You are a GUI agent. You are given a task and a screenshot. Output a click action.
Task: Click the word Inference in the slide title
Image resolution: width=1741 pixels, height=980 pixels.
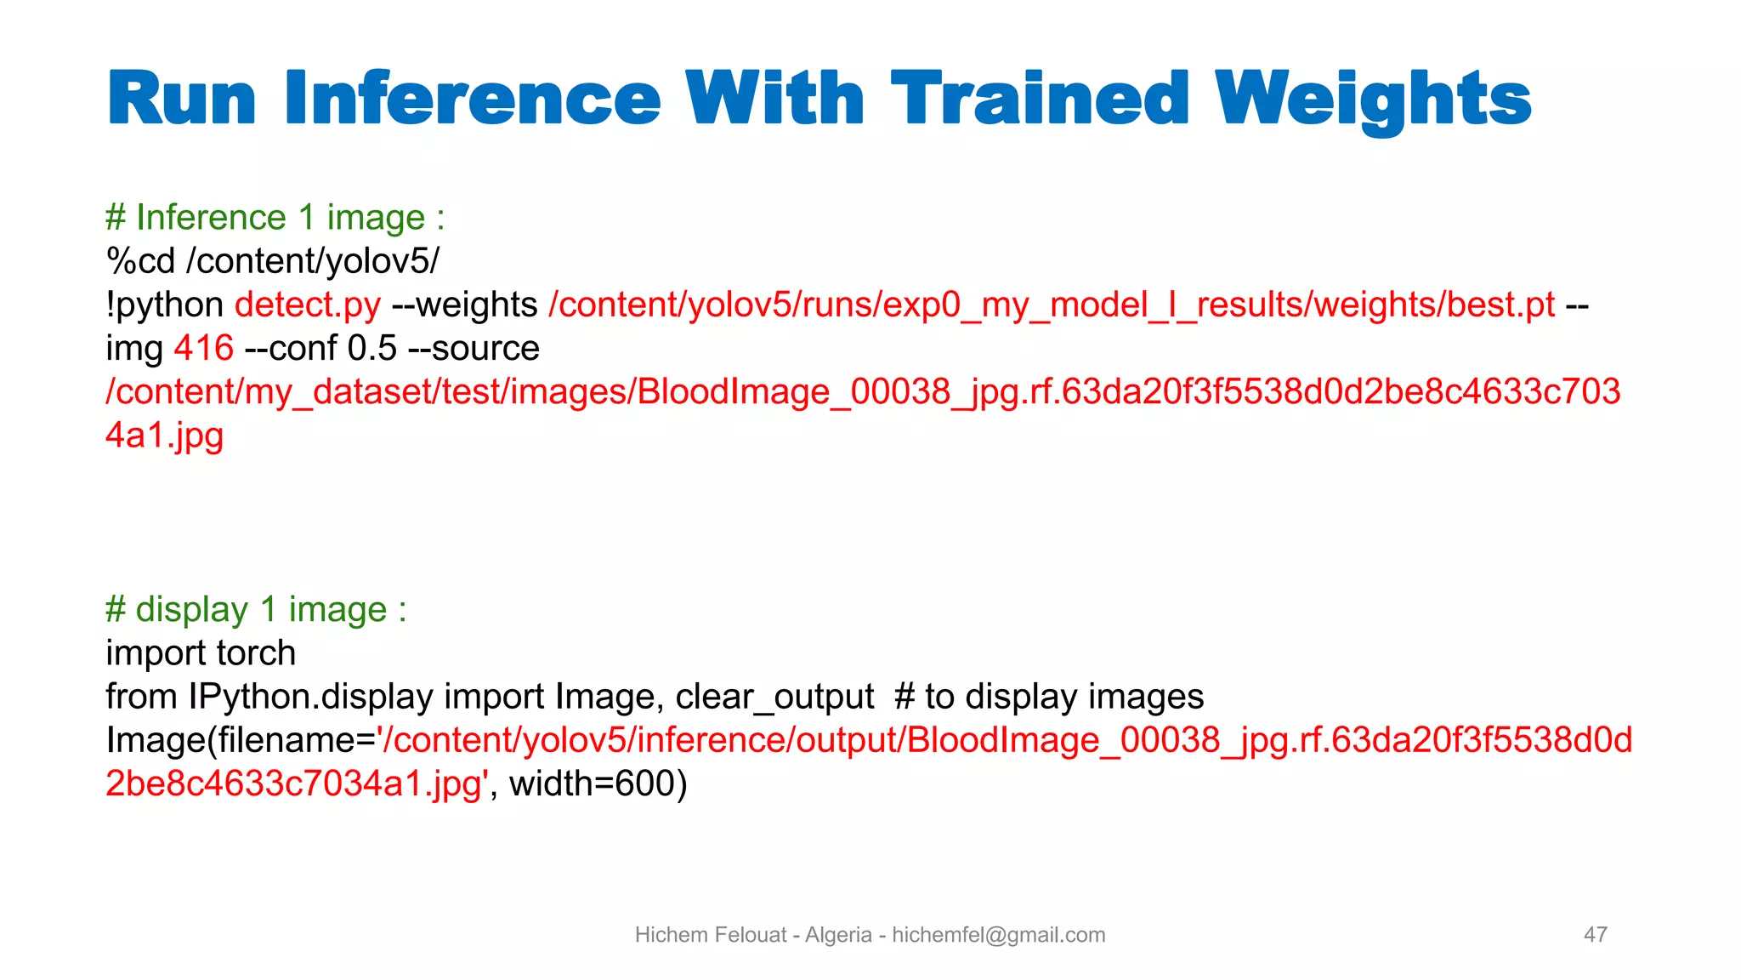coord(473,100)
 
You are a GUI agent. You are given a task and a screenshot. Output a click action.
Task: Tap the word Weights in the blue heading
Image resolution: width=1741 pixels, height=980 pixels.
coord(1372,100)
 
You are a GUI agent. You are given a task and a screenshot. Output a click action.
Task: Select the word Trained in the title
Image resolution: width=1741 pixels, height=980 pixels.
coord(1039,100)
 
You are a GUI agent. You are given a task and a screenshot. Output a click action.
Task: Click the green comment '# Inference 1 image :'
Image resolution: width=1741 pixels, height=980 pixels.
coord(275,218)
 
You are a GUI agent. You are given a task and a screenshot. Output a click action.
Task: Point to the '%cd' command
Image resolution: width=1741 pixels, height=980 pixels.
coord(140,261)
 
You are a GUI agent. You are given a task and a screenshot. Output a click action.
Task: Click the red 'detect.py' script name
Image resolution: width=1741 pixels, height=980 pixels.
coord(308,305)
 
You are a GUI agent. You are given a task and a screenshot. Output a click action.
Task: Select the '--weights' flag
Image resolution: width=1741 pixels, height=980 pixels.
coord(464,305)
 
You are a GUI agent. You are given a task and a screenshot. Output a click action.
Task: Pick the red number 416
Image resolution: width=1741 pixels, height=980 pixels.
coord(203,348)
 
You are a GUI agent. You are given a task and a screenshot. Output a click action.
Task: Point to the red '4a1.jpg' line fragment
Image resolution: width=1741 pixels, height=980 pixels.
coord(164,435)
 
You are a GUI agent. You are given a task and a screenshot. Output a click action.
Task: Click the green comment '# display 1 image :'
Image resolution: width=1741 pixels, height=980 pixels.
coord(256,610)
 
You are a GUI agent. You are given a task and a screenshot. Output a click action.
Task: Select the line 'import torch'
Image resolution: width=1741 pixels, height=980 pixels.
coord(201,653)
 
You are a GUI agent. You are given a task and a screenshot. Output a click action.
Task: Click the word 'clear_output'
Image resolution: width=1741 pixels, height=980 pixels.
coord(774,697)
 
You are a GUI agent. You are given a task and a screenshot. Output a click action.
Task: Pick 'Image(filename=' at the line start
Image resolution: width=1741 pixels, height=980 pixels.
coord(241,740)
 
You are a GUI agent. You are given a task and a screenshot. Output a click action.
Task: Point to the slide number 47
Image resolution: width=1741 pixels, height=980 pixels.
coord(1595,935)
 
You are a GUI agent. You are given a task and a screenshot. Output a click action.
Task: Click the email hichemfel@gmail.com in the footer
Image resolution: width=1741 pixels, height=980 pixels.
coord(998,935)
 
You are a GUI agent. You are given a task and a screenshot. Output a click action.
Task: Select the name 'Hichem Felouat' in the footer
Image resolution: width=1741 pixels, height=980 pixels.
coord(711,935)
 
